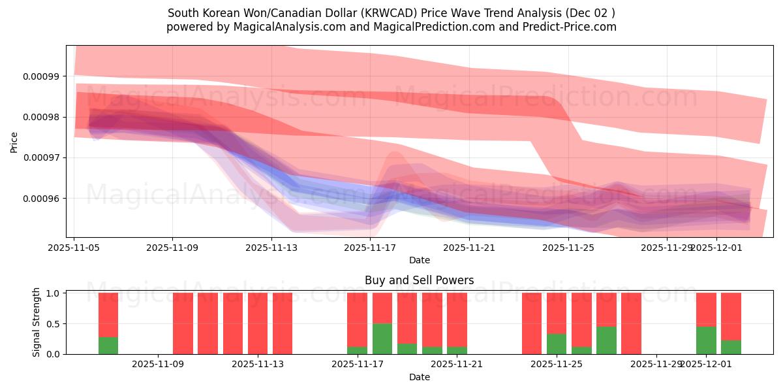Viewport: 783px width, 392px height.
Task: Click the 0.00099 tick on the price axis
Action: coord(40,76)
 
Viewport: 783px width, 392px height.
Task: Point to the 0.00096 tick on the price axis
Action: coord(40,199)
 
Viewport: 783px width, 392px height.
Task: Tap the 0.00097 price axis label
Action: coord(40,158)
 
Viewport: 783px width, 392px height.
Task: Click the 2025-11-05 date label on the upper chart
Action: coord(74,248)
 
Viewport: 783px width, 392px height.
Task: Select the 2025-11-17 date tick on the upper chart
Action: coord(370,248)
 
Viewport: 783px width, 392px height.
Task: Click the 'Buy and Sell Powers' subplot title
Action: coord(419,280)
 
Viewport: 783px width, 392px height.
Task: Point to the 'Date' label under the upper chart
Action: coord(419,260)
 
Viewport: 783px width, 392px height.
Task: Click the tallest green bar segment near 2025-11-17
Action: coord(382,338)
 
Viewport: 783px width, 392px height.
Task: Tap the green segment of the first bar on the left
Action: coord(108,346)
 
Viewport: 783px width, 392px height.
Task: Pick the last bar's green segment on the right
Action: coord(731,347)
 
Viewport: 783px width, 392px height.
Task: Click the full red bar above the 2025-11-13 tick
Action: coord(258,323)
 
